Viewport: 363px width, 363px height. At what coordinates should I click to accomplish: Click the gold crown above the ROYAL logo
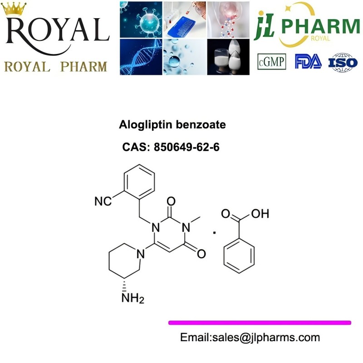click(x=14, y=9)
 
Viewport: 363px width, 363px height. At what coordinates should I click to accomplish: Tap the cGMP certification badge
click(x=271, y=62)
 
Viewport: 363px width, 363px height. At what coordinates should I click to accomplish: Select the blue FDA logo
click(x=308, y=61)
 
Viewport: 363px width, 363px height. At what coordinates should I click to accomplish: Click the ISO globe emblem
click(x=343, y=62)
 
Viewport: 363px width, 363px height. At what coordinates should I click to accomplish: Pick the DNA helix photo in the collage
click(x=141, y=57)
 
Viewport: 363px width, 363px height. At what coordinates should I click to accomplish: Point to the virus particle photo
click(x=141, y=20)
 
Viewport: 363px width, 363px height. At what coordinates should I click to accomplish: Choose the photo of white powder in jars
click(x=228, y=57)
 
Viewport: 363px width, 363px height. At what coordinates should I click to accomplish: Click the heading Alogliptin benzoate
click(x=172, y=124)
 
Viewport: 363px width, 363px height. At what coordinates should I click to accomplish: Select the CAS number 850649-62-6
click(x=186, y=147)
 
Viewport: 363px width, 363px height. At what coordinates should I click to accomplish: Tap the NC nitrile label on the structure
click(x=103, y=201)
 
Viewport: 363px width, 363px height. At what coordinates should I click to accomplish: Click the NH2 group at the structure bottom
click(x=132, y=298)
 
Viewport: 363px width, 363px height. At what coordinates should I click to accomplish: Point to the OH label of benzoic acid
click(x=260, y=213)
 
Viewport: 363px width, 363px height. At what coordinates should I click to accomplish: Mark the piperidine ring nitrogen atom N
click(x=141, y=254)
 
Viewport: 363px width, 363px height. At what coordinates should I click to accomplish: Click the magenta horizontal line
click(x=260, y=323)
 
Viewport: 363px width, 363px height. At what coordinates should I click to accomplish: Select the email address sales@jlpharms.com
click(x=266, y=338)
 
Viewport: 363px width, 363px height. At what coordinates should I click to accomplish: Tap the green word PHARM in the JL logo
click(x=321, y=26)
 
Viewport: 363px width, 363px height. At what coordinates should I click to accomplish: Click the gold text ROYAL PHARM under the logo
click(x=55, y=67)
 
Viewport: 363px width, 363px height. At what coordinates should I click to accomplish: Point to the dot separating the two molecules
click(x=214, y=232)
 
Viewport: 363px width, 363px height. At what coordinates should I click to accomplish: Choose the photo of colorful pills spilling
click(x=228, y=20)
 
